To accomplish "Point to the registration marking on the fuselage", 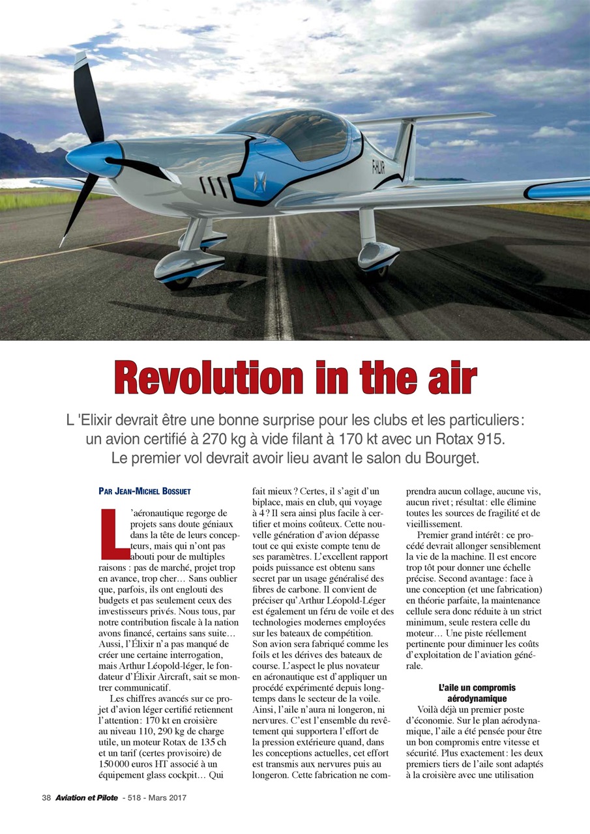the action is tap(377, 167).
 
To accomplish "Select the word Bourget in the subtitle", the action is tap(446, 458).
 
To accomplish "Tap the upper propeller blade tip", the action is tap(81, 60).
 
